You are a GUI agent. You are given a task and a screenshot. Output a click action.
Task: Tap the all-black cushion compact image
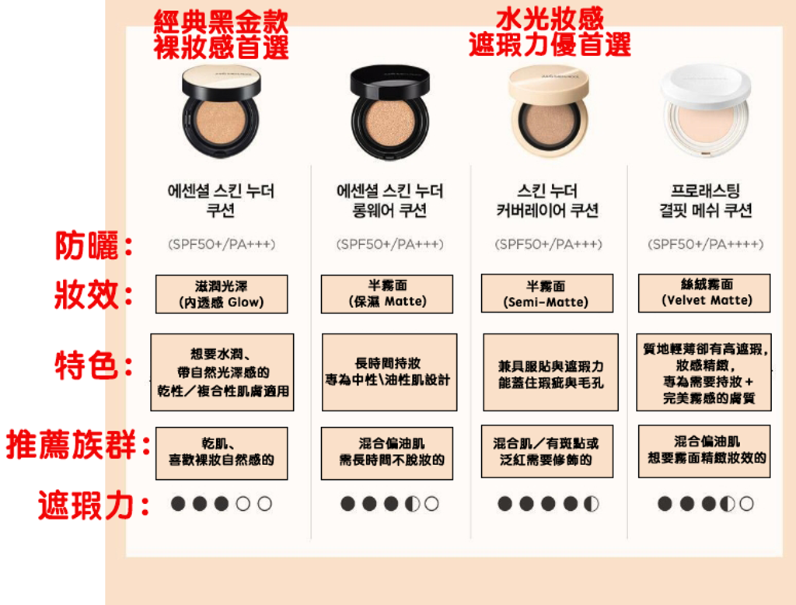click(389, 112)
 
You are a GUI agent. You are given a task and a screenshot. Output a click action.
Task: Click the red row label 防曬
click(94, 246)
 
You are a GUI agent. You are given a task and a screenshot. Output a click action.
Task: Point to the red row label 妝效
click(94, 295)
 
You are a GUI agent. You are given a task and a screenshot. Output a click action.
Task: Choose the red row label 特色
click(94, 365)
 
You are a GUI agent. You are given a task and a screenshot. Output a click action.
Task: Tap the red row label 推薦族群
click(79, 445)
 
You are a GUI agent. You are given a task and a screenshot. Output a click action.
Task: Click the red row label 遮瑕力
click(94, 505)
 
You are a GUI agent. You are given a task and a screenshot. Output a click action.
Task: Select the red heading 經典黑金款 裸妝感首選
click(222, 35)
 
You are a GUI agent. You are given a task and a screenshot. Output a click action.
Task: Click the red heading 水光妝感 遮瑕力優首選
click(550, 32)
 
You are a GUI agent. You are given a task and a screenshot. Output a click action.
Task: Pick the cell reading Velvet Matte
click(704, 293)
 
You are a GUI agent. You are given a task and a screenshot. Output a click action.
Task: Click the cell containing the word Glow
click(222, 294)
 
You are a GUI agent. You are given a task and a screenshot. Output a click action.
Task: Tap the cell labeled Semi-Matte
click(546, 293)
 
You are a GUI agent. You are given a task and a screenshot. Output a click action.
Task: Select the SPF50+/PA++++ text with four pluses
click(706, 244)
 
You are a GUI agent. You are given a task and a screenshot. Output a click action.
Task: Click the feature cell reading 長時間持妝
click(389, 372)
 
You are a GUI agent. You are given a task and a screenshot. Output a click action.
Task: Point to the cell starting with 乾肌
click(222, 453)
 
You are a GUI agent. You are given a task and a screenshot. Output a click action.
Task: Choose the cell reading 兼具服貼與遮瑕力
click(551, 372)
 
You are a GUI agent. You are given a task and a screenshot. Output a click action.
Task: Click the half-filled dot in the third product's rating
click(592, 503)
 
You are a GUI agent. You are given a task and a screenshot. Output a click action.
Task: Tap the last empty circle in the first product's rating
click(264, 503)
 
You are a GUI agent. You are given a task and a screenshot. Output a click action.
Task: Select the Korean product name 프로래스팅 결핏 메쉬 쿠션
click(706, 201)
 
